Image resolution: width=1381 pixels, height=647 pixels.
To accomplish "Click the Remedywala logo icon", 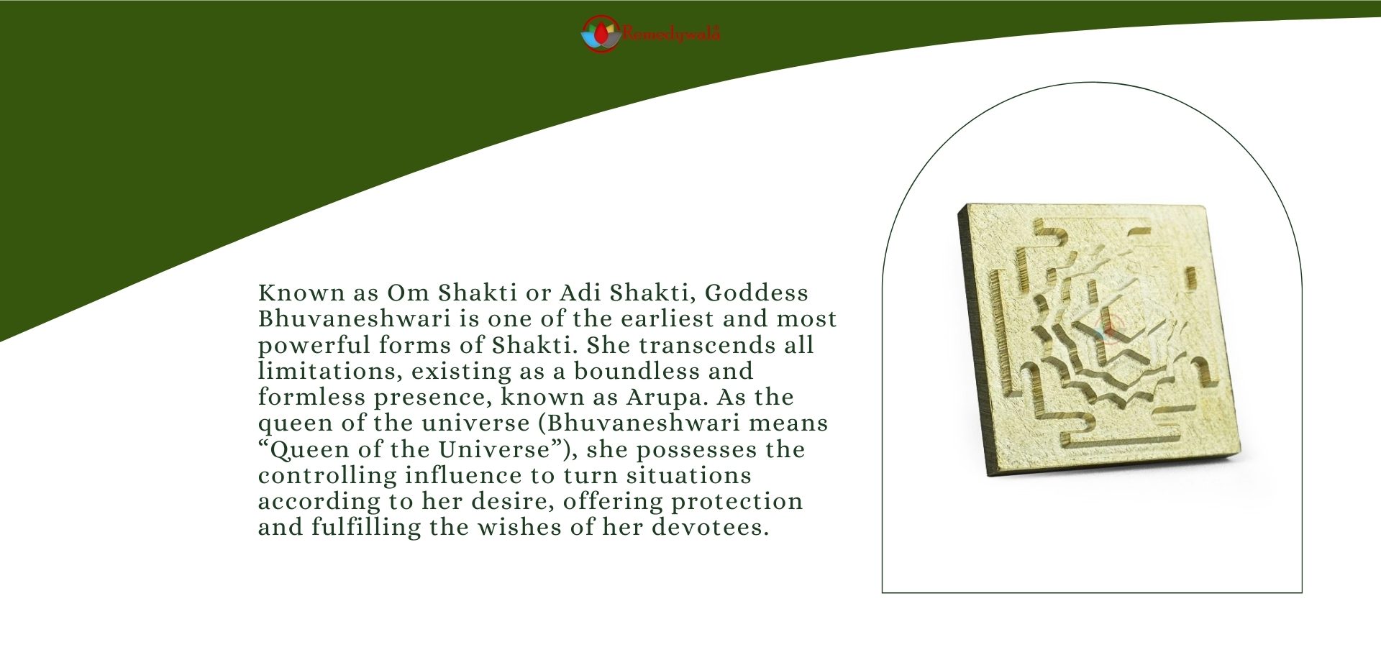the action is pyautogui.click(x=600, y=34).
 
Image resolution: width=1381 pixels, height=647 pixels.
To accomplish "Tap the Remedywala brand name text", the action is pyautogui.click(x=671, y=34).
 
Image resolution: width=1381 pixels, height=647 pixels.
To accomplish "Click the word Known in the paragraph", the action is pyautogui.click(x=301, y=293).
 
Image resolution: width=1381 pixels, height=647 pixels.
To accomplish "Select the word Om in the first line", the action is pyautogui.click(x=408, y=293).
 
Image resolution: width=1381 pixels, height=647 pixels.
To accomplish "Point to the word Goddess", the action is pyautogui.click(x=756, y=293).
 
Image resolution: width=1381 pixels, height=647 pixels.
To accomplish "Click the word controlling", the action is pyautogui.click(x=327, y=475).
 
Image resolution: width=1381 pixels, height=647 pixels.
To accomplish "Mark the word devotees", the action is pyautogui.click(x=710, y=527).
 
